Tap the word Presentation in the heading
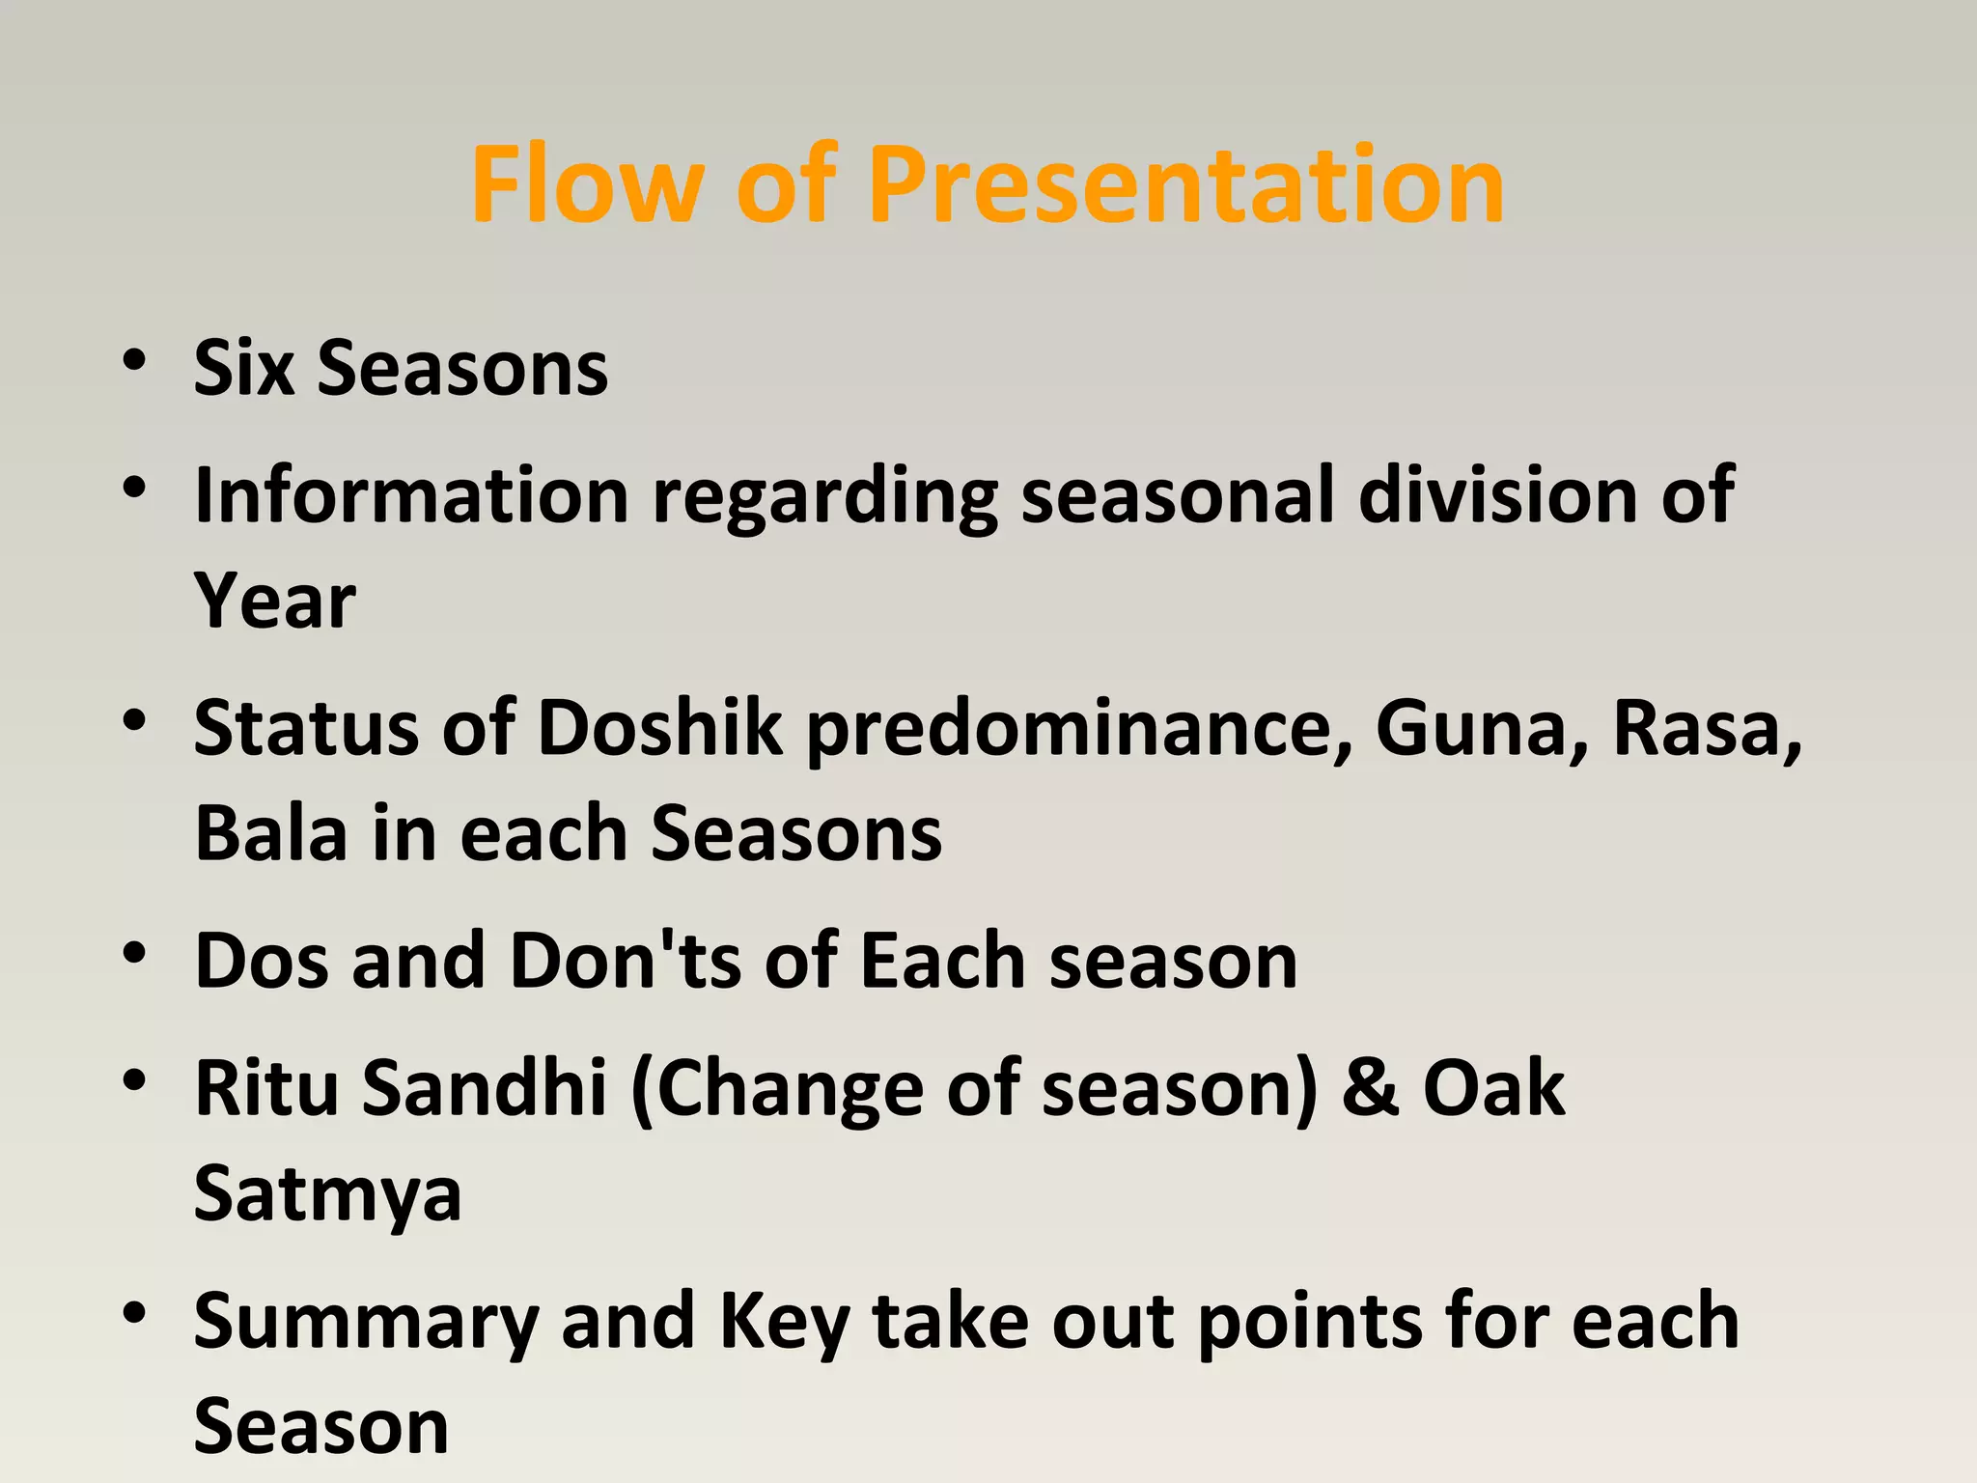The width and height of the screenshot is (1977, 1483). coord(1185,183)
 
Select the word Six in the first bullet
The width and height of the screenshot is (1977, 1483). coord(243,368)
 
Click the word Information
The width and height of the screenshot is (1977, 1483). coord(411,495)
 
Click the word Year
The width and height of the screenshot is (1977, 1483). coord(275,601)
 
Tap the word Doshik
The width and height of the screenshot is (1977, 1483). coord(659,727)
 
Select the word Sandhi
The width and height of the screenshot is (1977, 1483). coord(485,1087)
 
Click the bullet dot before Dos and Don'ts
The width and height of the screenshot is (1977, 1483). coord(134,954)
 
